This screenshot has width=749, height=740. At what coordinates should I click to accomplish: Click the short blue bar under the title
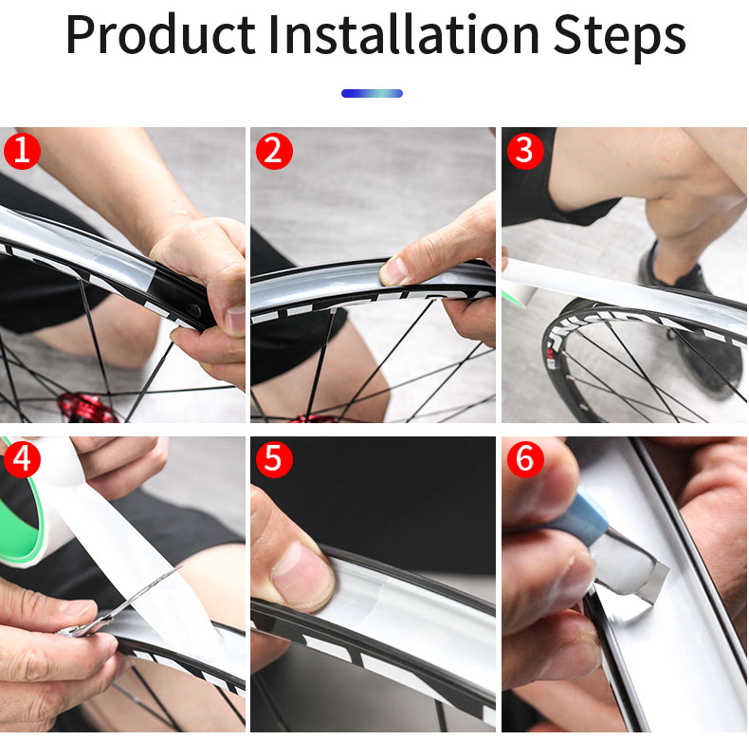372,93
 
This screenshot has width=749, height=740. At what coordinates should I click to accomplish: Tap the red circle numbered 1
22,151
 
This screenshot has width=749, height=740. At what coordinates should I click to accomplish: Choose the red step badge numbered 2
273,151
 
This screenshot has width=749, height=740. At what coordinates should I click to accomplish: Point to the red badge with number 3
524,151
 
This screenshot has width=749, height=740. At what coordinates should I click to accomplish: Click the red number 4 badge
22,459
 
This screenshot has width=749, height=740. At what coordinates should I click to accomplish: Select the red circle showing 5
273,459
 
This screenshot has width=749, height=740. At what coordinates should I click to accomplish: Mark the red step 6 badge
524,459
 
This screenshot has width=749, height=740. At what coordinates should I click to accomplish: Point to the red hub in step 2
322,417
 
